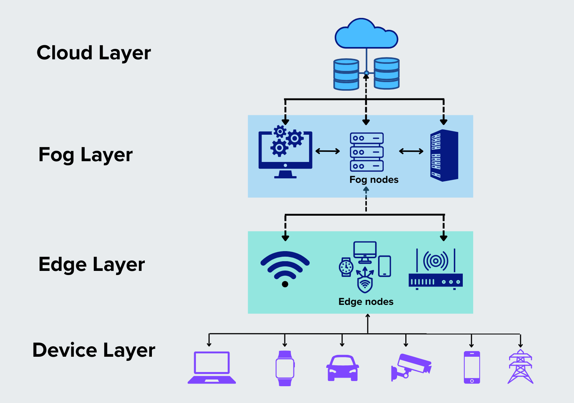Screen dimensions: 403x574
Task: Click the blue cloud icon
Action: pos(366,34)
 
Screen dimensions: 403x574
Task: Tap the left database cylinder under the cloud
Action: pos(346,74)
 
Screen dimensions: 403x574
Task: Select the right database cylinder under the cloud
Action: pos(387,74)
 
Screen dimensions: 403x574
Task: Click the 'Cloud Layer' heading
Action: pos(94,53)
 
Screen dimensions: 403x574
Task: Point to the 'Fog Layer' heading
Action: pos(85,154)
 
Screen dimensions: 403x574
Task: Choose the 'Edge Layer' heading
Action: pos(91,265)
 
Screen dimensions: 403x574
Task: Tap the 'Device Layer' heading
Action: pos(94,350)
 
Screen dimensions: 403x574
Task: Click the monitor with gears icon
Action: pos(286,153)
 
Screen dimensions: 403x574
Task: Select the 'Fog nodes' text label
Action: pos(374,180)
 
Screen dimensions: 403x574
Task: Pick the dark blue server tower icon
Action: pos(444,155)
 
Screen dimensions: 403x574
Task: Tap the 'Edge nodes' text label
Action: pos(366,302)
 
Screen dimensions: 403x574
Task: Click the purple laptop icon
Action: pos(212,368)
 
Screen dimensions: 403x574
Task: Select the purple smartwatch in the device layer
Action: pos(285,368)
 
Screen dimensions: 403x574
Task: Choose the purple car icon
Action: pos(342,368)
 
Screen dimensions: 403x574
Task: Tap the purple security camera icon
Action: pos(411,367)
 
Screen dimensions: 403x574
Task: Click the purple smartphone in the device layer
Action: pos(472,368)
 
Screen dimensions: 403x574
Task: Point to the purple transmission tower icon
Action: pos(520,367)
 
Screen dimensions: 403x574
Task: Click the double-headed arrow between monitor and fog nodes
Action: pos(328,151)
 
